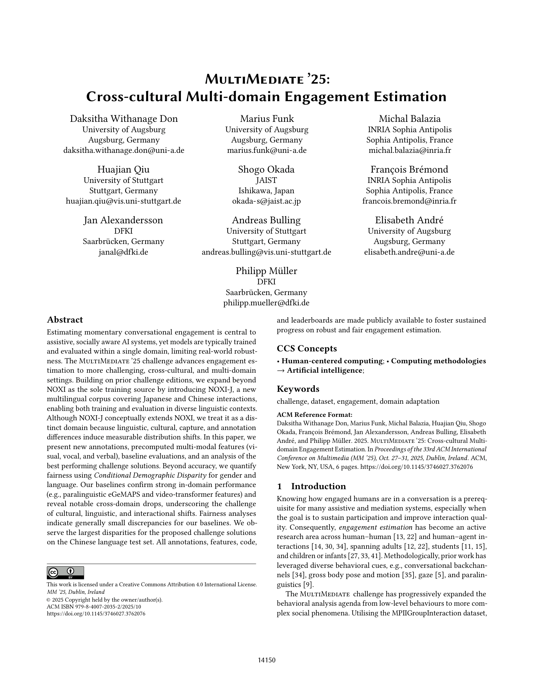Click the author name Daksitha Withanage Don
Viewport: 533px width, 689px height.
click(124, 119)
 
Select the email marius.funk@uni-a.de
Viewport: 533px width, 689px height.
click(266, 150)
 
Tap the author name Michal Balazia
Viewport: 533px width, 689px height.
click(409, 119)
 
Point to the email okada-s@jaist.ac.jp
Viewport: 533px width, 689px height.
click(266, 201)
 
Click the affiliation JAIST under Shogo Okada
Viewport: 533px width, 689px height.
click(266, 180)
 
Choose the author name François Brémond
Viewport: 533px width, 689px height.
click(409, 170)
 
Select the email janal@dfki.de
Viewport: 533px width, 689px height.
click(124, 252)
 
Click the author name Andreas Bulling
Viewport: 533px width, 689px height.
click(266, 220)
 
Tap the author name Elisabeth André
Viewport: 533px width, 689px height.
click(409, 220)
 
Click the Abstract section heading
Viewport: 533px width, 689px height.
click(65, 320)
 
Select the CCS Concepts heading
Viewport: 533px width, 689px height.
click(307, 349)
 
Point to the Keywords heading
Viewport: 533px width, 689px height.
click(298, 389)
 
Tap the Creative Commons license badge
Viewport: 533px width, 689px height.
click(65, 572)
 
